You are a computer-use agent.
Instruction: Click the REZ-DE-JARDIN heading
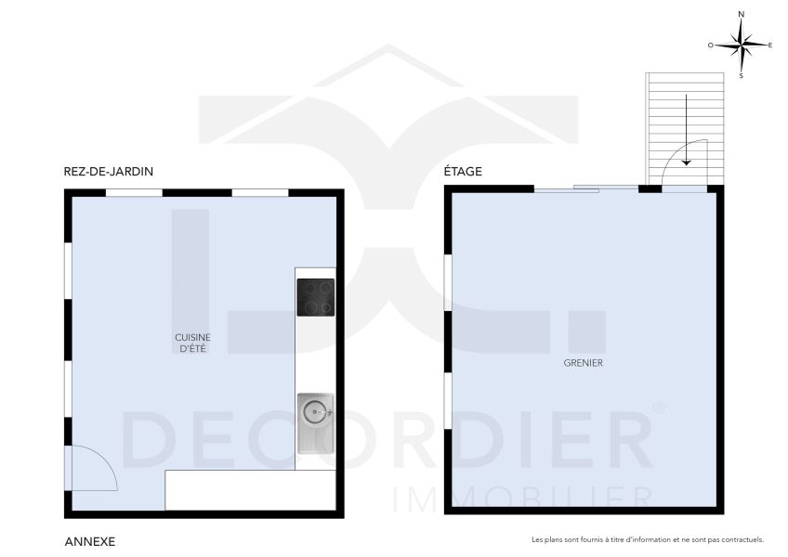coord(108,172)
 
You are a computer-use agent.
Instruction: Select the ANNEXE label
coord(89,539)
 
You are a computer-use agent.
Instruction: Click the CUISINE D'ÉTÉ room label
coord(192,343)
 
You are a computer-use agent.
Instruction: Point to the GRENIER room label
coord(584,363)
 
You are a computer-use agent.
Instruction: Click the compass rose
coord(741,44)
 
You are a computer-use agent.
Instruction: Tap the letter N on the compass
coord(741,15)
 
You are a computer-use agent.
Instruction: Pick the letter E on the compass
coord(769,45)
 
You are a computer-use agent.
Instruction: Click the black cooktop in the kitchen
coord(315,297)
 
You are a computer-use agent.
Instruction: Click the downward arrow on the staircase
coord(686,130)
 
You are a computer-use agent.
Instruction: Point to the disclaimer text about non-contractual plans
coord(647,539)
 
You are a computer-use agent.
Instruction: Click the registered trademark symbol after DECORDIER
coord(658,408)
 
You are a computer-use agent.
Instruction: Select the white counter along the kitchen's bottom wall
coord(249,490)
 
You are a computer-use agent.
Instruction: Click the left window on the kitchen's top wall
coord(134,193)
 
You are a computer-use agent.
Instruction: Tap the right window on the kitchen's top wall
coord(259,193)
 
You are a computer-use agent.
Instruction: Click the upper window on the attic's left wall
coord(448,283)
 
